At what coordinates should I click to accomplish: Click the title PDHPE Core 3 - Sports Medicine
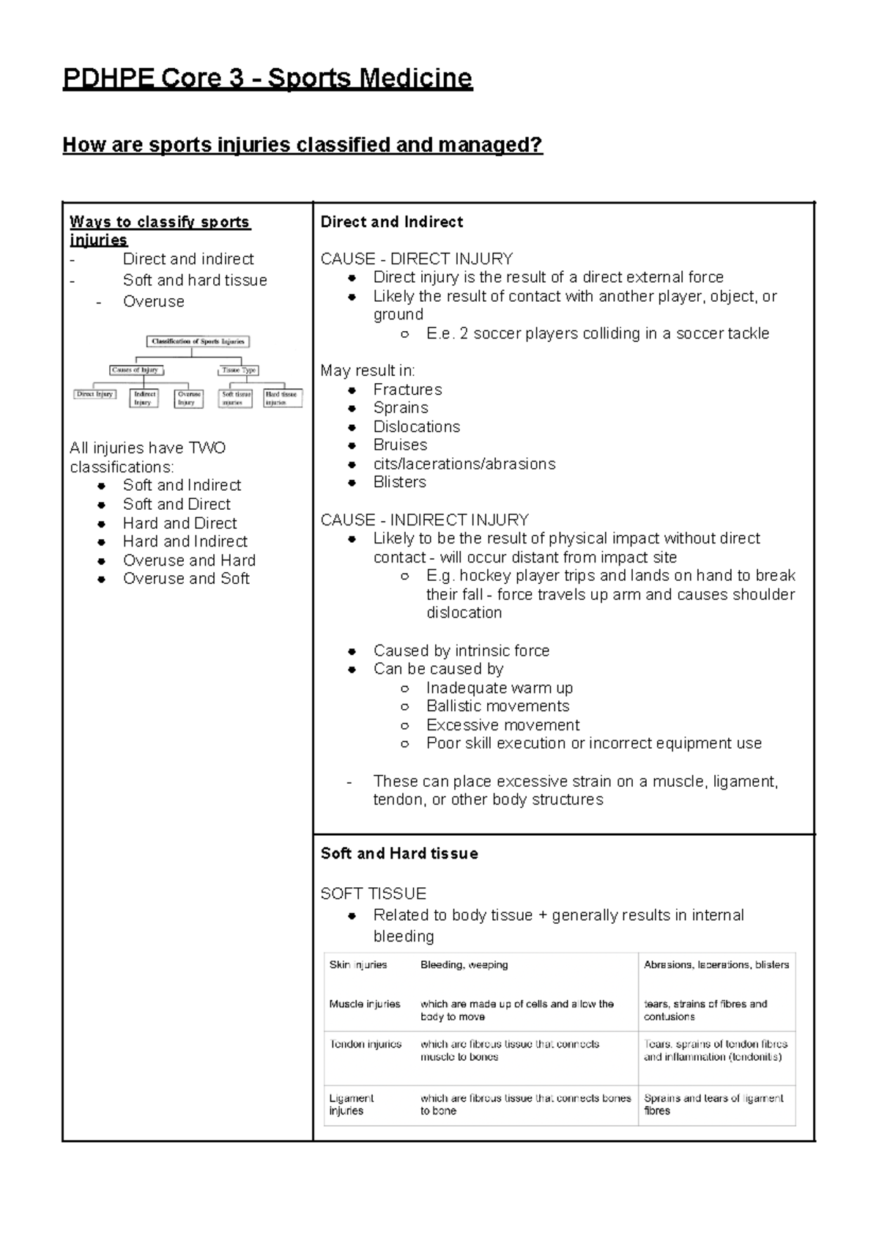coord(267,78)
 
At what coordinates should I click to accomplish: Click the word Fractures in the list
coord(407,390)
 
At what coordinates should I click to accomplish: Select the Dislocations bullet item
coord(416,427)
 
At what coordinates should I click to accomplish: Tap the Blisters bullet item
coord(399,483)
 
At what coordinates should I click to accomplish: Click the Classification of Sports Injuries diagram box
coord(198,341)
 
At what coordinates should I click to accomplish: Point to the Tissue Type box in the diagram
coord(239,371)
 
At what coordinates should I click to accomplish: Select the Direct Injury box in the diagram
coord(94,394)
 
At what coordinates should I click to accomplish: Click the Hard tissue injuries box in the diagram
coord(282,398)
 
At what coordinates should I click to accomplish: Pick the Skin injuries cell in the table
coord(358,965)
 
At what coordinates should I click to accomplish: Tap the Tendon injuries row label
coord(366,1044)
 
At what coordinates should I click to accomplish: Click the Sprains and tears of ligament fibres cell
coord(713,1104)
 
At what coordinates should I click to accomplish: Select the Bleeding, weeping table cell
coord(464,965)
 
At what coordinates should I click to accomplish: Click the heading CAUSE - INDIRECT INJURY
coord(424,520)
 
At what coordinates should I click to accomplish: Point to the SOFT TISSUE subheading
coord(373,894)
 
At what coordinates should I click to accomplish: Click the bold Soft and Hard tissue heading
coord(399,853)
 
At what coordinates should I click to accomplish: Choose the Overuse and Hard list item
coord(189,560)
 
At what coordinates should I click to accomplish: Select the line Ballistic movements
coord(497,706)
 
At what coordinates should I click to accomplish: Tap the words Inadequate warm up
coord(499,688)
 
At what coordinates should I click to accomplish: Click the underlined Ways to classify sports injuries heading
coord(160,231)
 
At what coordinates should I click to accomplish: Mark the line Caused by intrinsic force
coord(461,651)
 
